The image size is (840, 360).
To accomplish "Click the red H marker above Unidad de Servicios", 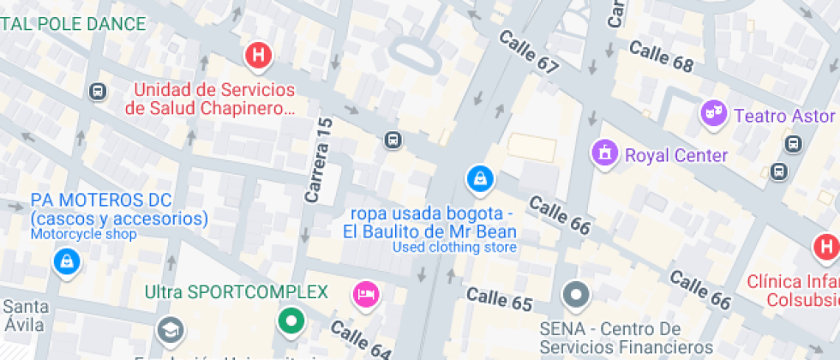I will tap(258, 57).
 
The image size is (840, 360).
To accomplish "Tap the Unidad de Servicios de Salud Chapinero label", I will tap(213, 99).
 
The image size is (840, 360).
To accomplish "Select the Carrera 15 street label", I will tap(319, 160).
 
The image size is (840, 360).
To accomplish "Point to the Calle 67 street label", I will tap(528, 51).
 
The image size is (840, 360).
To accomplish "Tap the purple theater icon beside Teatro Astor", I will tap(712, 113).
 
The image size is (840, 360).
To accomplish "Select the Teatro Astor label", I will tap(784, 116).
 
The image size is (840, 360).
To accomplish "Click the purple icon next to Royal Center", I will tap(605, 154).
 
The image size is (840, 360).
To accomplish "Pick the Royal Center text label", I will tap(676, 155).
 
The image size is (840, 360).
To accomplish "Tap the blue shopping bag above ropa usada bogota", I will tap(479, 179).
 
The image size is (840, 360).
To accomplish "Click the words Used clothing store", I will tap(454, 248).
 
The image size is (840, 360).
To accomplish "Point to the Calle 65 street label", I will tap(500, 299).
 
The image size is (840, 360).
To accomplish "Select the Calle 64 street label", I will tap(360, 339).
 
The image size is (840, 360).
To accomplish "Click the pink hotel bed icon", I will tap(366, 295).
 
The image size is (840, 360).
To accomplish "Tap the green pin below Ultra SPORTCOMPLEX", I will tap(291, 321).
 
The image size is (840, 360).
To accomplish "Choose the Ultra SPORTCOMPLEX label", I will tap(237, 292).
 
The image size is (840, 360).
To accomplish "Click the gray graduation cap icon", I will tap(170, 330).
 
